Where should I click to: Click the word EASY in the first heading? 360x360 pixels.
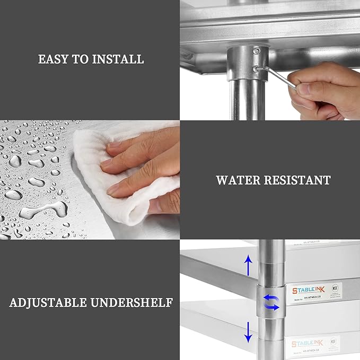(53, 59)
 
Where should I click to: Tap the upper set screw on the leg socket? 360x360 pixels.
(257, 51)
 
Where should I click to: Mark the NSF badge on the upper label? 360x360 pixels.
(335, 290)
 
